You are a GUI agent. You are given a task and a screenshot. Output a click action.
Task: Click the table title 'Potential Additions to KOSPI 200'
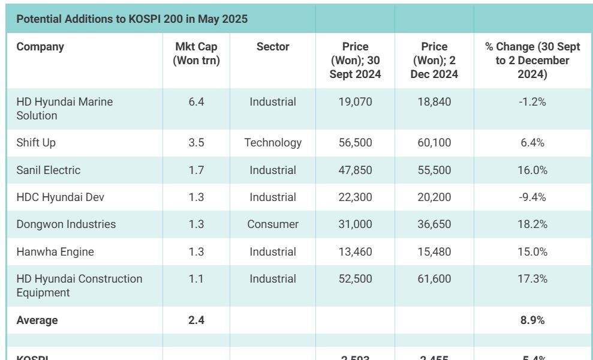(x=132, y=19)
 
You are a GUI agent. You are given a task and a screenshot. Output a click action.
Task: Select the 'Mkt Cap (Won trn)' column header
(x=196, y=53)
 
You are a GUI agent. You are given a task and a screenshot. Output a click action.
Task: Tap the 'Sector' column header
(x=273, y=47)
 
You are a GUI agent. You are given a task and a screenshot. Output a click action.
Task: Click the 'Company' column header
(x=40, y=47)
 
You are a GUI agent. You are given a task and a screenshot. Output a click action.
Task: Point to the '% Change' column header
(x=532, y=60)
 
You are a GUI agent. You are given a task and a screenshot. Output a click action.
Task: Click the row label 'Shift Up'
(x=36, y=143)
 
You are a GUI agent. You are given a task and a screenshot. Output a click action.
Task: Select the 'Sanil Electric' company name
(x=48, y=170)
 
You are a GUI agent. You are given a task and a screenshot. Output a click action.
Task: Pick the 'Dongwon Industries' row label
(x=66, y=224)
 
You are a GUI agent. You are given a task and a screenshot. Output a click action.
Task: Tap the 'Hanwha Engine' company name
(x=55, y=252)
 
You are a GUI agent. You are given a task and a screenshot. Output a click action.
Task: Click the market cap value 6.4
(x=196, y=102)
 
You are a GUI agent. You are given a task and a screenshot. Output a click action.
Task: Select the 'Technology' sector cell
(x=273, y=143)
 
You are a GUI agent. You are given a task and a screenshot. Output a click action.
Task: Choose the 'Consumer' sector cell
(x=273, y=224)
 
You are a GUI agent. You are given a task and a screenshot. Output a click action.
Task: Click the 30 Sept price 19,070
(x=355, y=102)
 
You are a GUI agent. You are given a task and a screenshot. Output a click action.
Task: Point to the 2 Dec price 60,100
(x=434, y=143)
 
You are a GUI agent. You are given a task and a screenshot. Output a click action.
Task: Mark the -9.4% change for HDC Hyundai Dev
(x=532, y=197)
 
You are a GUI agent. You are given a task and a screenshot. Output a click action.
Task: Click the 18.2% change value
(x=532, y=224)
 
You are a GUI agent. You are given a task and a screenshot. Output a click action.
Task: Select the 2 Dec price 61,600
(x=434, y=279)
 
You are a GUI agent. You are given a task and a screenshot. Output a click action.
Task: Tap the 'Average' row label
(x=37, y=320)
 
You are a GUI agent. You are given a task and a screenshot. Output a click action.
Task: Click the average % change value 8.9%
(x=532, y=320)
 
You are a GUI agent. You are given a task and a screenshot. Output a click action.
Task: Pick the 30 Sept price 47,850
(x=355, y=170)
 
